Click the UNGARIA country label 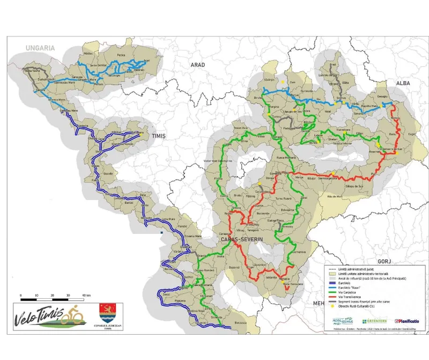pos(40,48)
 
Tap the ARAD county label pos(198,64)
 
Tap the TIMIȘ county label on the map pos(159,136)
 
